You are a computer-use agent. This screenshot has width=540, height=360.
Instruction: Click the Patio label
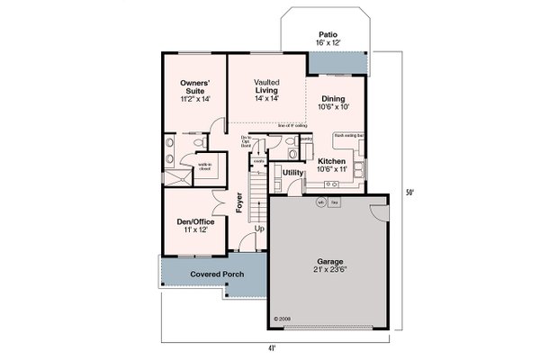click(x=327, y=33)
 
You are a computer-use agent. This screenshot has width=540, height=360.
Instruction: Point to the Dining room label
click(x=336, y=102)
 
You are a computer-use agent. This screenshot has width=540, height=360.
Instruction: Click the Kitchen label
click(x=332, y=161)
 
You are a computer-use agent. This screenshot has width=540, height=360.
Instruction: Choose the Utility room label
click(x=292, y=172)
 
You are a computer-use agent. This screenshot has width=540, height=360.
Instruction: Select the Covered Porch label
click(x=214, y=274)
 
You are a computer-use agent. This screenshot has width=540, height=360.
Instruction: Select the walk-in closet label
click(x=205, y=165)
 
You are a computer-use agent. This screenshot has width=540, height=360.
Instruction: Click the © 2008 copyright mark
click(x=283, y=318)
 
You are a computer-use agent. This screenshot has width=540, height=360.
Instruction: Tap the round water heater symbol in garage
click(x=320, y=202)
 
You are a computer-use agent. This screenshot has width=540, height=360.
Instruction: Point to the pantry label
click(x=306, y=139)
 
